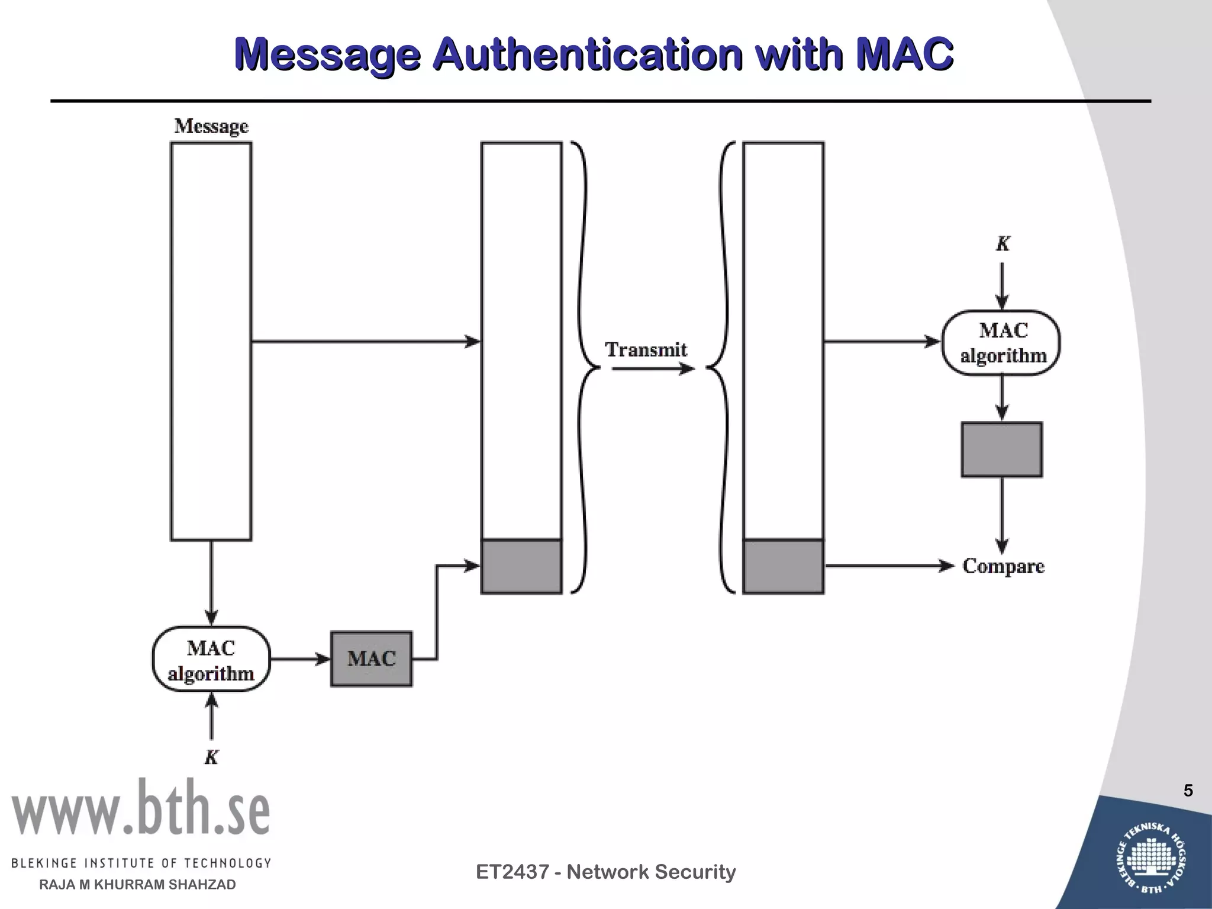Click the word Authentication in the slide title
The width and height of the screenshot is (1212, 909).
tap(586, 54)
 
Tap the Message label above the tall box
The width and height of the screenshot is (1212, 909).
tap(211, 126)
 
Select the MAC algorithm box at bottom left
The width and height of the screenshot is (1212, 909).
tap(211, 659)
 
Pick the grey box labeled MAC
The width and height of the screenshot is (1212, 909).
tap(371, 659)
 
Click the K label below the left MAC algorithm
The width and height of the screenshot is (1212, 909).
tap(211, 757)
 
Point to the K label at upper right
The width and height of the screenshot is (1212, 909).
tap(1002, 244)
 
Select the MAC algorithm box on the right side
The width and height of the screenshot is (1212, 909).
tap(1001, 343)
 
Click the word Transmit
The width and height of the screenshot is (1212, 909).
tap(646, 350)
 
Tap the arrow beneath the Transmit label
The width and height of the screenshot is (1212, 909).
tap(652, 369)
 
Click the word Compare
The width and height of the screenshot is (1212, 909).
tap(1003, 566)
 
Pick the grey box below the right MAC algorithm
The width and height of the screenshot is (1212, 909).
tap(1001, 449)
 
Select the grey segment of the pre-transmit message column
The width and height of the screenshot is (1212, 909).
tap(521, 566)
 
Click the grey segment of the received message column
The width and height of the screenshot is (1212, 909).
tap(784, 566)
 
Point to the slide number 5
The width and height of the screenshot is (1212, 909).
tap(1188, 791)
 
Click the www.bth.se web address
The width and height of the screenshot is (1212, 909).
tap(140, 808)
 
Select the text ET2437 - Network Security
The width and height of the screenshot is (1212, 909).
tap(605, 872)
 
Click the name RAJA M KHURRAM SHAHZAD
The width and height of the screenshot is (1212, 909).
tap(137, 885)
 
